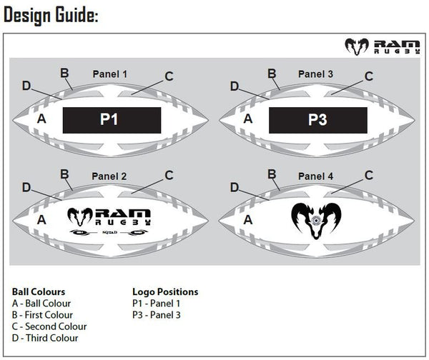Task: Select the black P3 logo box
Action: click(x=317, y=120)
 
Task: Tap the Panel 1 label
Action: click(x=110, y=74)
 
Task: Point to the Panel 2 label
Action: click(x=109, y=176)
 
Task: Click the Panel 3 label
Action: click(x=315, y=74)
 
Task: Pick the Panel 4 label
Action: click(x=315, y=176)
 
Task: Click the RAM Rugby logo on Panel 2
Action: click(x=112, y=219)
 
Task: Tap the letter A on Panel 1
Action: click(x=41, y=119)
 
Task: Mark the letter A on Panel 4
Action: click(x=248, y=221)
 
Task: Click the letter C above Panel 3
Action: click(x=369, y=76)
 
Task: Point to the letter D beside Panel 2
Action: click(x=26, y=187)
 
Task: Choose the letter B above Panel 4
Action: click(x=272, y=174)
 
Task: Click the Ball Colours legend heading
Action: click(x=39, y=292)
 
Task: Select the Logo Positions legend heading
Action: click(x=165, y=292)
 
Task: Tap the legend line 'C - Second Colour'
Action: click(x=49, y=326)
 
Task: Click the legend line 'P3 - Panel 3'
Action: click(x=157, y=315)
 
